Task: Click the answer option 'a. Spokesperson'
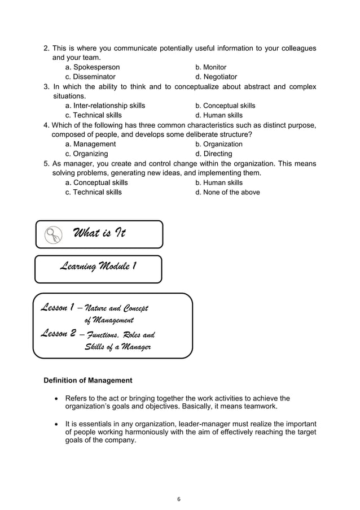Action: pyautogui.click(x=92, y=67)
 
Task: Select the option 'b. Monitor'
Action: pyautogui.click(x=210, y=67)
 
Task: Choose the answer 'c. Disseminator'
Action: pyautogui.click(x=90, y=77)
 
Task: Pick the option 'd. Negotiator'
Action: pyautogui.click(x=216, y=77)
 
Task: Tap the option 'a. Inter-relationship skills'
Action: pyautogui.click(x=105, y=106)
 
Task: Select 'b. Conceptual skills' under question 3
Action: pyautogui.click(x=225, y=106)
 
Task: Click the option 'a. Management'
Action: pyautogui.click(x=90, y=144)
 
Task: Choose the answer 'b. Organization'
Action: pyautogui.click(x=219, y=144)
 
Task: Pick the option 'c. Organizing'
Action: pyautogui.click(x=86, y=154)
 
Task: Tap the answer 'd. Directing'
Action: pyautogui.click(x=213, y=154)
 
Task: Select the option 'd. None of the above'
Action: pyautogui.click(x=227, y=192)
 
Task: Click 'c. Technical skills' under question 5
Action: pyautogui.click(x=93, y=192)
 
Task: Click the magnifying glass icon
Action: pyautogui.click(x=53, y=234)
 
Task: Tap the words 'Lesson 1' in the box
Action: pyautogui.click(x=55, y=308)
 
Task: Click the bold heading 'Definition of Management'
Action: pyautogui.click(x=88, y=380)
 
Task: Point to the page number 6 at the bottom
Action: pyautogui.click(x=179, y=499)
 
